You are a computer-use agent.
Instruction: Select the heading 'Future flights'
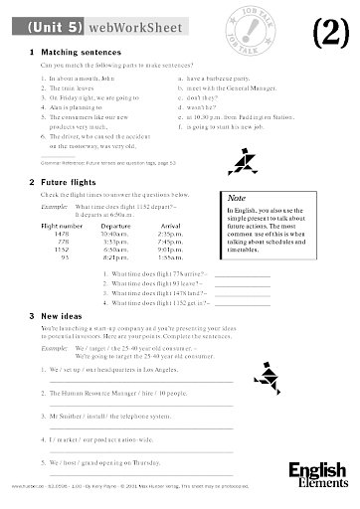tap(74, 182)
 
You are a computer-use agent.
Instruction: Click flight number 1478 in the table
tap(64, 235)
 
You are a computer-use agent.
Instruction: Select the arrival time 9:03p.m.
tap(170, 251)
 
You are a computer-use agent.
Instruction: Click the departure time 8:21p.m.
tap(118, 258)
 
